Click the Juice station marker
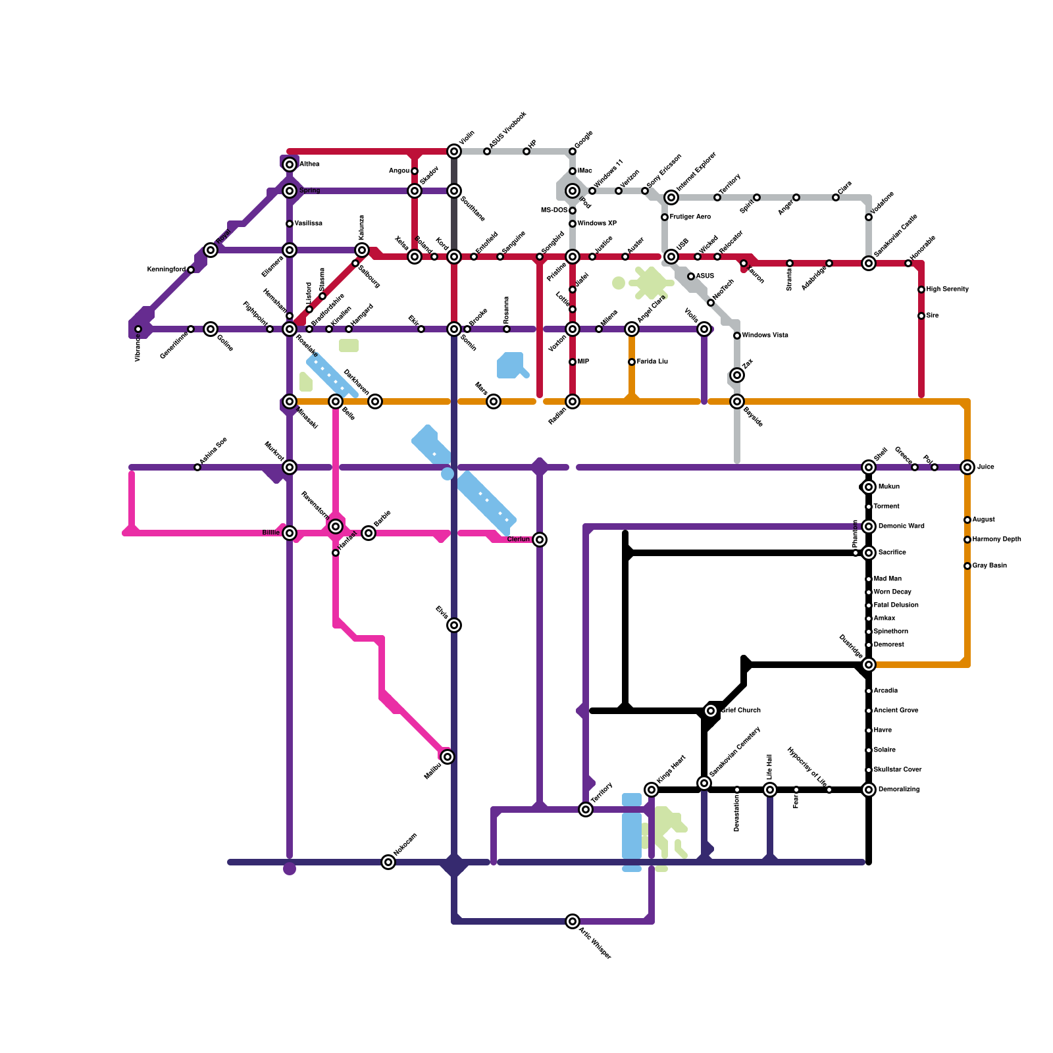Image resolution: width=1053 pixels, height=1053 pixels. tap(967, 467)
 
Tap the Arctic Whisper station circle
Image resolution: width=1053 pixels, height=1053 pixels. tap(573, 921)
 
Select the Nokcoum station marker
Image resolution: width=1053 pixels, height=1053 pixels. tap(388, 862)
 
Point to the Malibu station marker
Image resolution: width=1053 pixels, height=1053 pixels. tap(448, 757)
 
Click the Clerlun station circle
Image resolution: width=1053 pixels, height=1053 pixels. tap(540, 540)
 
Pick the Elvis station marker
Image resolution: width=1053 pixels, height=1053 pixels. tap(454, 625)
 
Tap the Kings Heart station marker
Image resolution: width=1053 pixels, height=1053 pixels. tap(652, 790)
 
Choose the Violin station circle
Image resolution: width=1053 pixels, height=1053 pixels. tap(454, 151)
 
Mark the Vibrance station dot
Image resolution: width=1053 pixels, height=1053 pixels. tap(138, 329)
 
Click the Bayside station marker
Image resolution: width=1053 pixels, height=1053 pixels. tap(737, 401)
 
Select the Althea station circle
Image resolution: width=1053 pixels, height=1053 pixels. tap(290, 165)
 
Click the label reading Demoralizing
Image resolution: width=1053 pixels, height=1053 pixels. tap(899, 790)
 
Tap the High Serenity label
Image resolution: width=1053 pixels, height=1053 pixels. tap(947, 290)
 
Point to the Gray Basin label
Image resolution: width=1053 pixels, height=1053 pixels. tap(989, 566)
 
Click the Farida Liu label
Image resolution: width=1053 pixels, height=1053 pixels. tap(652, 362)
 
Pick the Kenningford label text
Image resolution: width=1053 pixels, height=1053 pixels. tap(166, 270)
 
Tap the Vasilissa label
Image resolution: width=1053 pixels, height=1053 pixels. tap(308, 224)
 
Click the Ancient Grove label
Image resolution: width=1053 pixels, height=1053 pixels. tap(896, 711)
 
